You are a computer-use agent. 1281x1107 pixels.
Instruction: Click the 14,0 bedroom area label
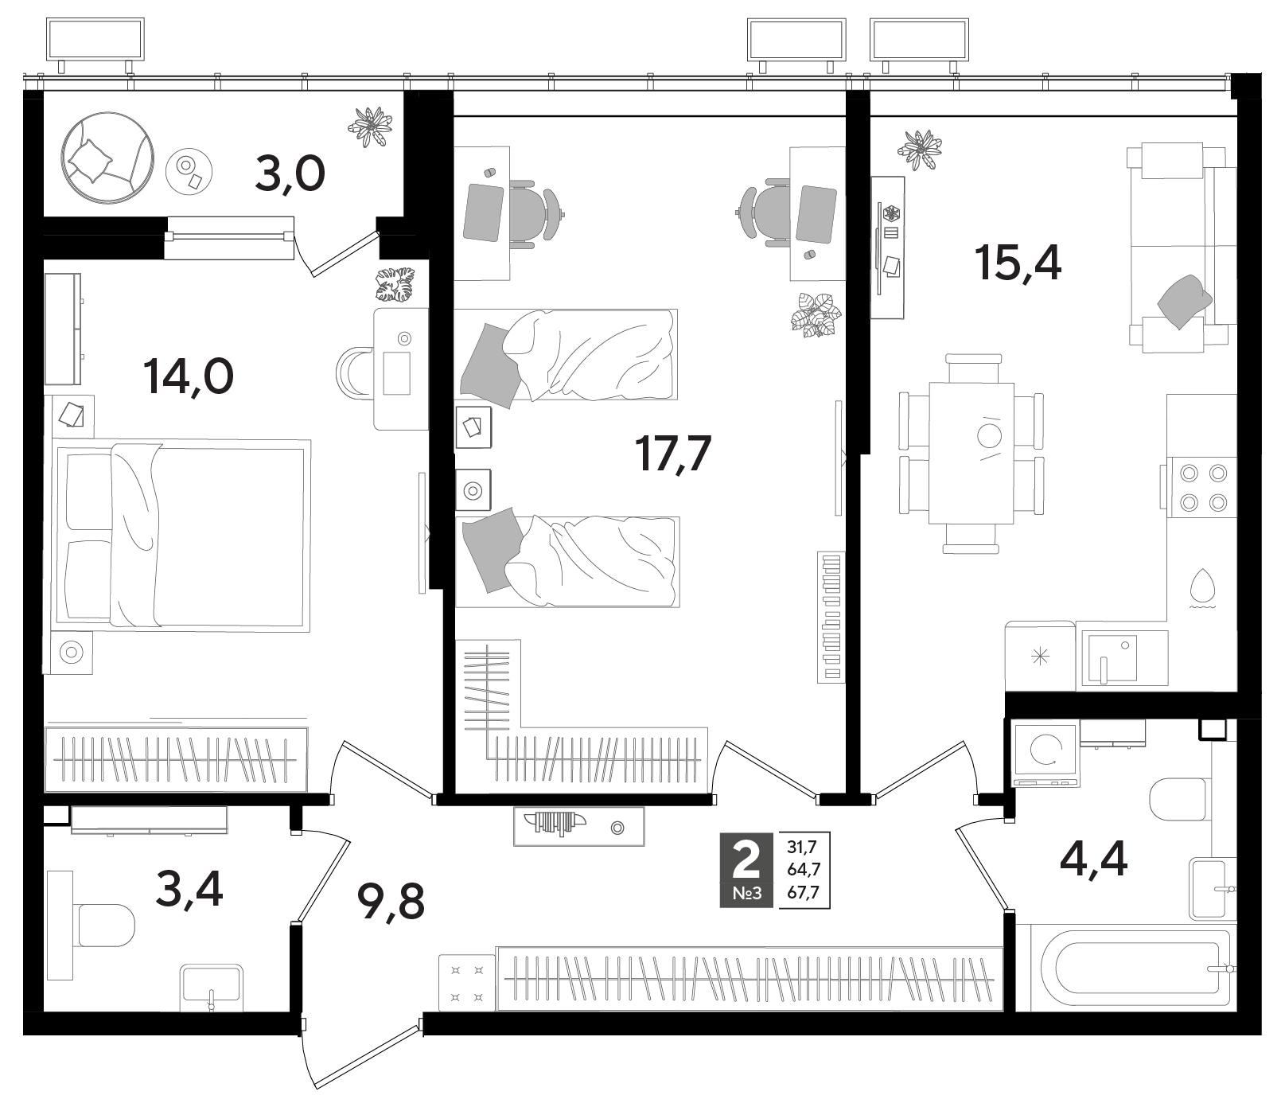coord(189,377)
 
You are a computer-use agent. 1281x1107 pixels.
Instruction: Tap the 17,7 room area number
coord(672,454)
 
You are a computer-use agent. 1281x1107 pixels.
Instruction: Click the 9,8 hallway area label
coord(391,902)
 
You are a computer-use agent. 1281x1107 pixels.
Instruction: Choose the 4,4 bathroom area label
coord(1093,859)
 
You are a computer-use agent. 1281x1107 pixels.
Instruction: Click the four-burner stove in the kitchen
coord(1202,487)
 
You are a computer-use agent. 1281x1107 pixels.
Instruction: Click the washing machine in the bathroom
coord(1045,753)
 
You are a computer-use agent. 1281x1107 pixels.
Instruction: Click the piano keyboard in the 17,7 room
coord(832,617)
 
